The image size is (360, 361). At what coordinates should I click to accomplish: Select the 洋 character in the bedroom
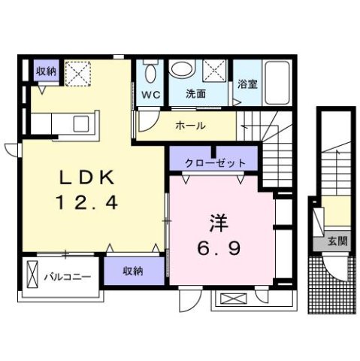click(219, 223)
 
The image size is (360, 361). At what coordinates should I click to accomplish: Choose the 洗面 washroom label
click(197, 96)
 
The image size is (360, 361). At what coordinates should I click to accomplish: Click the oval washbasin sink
click(181, 70)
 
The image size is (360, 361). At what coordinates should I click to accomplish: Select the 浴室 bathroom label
click(247, 84)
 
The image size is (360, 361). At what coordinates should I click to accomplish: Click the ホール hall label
click(190, 126)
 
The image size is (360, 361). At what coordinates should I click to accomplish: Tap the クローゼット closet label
click(213, 162)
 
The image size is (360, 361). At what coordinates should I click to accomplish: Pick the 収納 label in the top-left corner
click(46, 71)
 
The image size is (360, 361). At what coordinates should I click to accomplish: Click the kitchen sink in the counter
click(80, 121)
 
